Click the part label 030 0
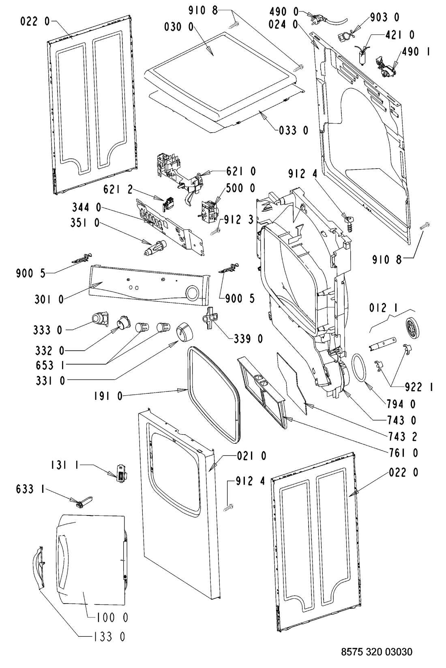pos(179,27)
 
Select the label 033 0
pos(294,130)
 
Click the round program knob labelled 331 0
pos(184,332)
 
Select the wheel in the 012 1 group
pos(413,327)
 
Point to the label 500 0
pos(240,188)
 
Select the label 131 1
pos(64,466)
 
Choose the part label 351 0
pos(85,223)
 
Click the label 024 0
pos(283,24)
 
